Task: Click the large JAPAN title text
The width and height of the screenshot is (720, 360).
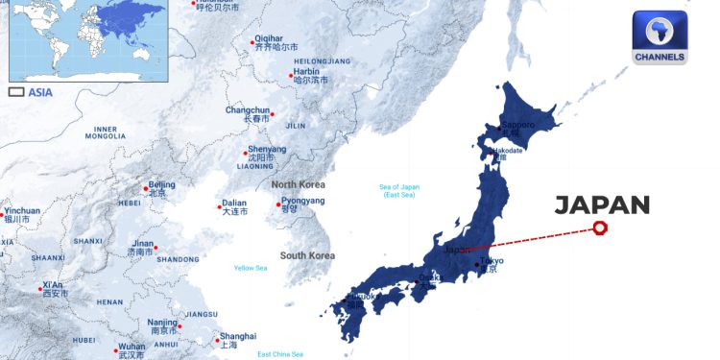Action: point(603,204)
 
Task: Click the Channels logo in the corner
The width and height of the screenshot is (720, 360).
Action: point(660,37)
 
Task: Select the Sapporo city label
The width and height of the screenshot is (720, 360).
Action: point(517,126)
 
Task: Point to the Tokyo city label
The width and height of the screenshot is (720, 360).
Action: point(491,261)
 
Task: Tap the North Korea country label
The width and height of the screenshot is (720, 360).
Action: point(298,184)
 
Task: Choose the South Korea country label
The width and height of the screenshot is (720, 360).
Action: point(307,255)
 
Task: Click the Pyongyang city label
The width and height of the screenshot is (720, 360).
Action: point(302,201)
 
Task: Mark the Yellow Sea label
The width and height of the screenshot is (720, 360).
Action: point(251,268)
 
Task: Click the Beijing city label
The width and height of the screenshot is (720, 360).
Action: point(161,184)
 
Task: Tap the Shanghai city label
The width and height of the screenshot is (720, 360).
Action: point(237,337)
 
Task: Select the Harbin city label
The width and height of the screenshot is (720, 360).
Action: point(306,71)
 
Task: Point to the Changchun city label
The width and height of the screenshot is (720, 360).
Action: point(247,110)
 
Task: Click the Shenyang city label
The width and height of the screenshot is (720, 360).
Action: point(266,150)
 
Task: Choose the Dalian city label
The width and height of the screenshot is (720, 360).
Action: point(233,204)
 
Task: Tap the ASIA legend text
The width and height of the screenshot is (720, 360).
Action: point(40,93)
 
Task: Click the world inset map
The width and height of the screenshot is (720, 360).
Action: point(87,39)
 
